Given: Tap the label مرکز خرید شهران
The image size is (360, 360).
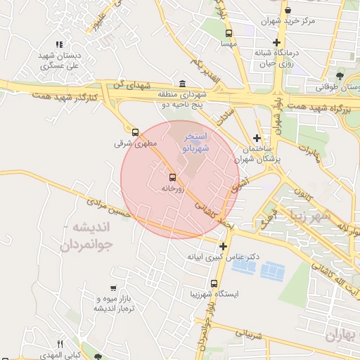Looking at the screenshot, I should [289, 21].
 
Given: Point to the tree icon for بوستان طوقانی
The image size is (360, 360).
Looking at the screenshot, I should [340, 75].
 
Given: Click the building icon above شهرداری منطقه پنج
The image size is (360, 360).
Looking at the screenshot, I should [183, 84].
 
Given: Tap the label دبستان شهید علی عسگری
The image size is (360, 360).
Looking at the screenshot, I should [58, 60].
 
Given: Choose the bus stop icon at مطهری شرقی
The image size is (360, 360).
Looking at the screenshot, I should [135, 131].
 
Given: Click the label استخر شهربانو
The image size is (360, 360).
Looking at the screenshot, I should [196, 142].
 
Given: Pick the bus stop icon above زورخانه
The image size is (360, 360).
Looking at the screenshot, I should [172, 177].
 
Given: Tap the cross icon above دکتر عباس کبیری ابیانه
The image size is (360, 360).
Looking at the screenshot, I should [223, 246].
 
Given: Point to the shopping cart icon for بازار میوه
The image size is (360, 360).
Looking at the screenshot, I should [113, 288].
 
